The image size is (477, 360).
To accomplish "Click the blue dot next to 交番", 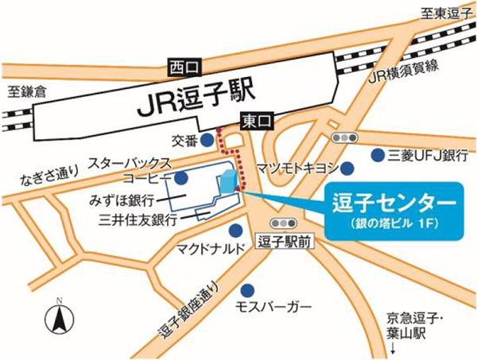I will pyautogui.click(x=207, y=140).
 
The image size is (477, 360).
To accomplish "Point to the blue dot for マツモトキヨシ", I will pyautogui.click(x=347, y=168).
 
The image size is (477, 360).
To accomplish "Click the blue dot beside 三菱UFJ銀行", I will pyautogui.click(x=376, y=153).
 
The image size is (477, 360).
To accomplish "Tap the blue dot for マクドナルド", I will pyautogui.click(x=235, y=230).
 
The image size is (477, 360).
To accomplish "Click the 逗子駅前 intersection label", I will pyautogui.click(x=283, y=239).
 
